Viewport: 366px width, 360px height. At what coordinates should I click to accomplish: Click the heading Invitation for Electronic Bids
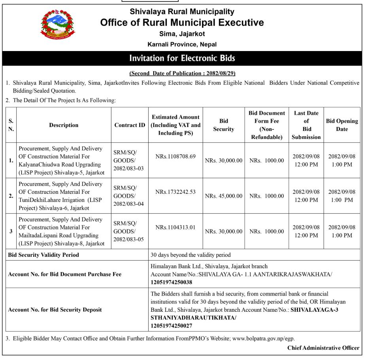click(182, 59)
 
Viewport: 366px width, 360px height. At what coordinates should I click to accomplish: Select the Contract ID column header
click(130, 125)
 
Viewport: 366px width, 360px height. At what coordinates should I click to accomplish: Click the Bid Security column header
click(223, 125)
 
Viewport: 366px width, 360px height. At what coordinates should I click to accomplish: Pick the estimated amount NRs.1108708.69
click(175, 156)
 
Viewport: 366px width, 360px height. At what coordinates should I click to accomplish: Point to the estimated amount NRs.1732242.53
click(175, 191)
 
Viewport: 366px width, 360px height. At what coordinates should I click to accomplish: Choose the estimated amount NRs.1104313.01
click(175, 227)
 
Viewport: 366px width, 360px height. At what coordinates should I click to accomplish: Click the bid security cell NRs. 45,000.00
click(223, 196)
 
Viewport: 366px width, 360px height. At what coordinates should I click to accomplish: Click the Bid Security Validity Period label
click(43, 255)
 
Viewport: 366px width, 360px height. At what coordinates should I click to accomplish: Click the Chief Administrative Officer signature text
click(323, 348)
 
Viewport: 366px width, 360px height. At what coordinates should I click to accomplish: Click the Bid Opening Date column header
click(342, 125)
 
